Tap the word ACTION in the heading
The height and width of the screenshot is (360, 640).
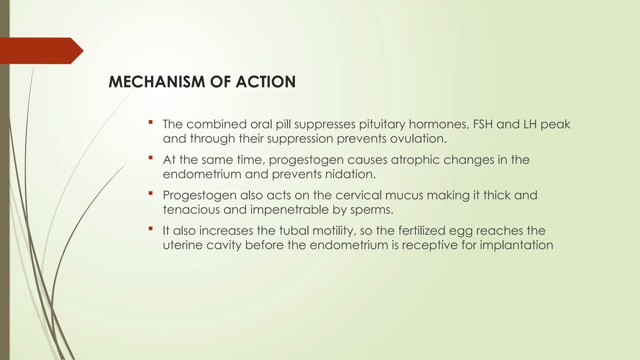coord(266,82)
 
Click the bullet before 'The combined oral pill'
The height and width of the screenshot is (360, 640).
coord(151,122)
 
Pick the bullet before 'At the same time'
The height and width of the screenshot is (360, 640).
coord(151,157)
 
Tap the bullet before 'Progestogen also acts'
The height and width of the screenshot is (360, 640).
coord(151,193)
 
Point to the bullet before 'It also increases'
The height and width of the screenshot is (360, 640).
coord(151,228)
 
